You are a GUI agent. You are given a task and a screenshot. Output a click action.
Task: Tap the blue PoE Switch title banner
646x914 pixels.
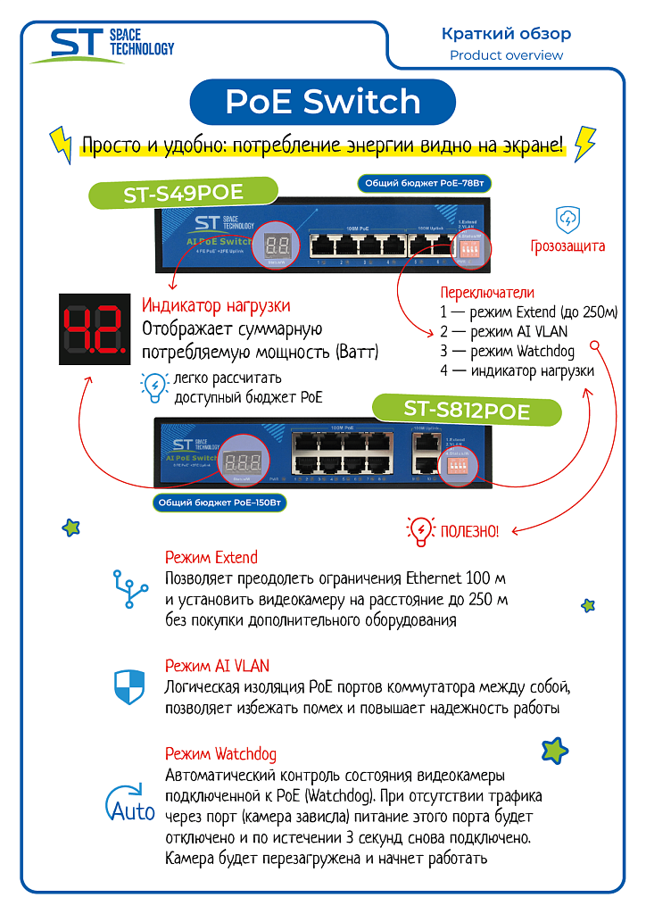pyautogui.click(x=322, y=101)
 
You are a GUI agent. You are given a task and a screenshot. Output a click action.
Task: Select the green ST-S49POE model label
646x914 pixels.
pyautogui.click(x=183, y=193)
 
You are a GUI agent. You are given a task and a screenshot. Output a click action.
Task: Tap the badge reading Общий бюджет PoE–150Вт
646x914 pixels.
pyautogui.click(x=221, y=503)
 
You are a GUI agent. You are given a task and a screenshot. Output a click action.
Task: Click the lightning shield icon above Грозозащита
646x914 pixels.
pyautogui.click(x=568, y=218)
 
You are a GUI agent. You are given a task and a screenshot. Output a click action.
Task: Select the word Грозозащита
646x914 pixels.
pyautogui.click(x=567, y=245)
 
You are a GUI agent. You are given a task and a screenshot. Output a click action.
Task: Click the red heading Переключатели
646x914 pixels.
pyautogui.click(x=487, y=292)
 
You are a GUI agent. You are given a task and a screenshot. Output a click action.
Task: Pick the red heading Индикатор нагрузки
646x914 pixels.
pyautogui.click(x=216, y=306)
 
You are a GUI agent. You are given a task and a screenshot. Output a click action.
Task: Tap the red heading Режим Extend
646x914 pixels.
pyautogui.click(x=211, y=558)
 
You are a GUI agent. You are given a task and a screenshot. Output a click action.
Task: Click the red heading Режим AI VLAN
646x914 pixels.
pyautogui.click(x=217, y=666)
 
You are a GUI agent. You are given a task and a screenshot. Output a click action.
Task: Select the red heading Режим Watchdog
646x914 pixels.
pyautogui.click(x=221, y=753)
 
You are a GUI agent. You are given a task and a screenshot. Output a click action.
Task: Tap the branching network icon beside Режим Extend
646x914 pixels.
pyautogui.click(x=130, y=588)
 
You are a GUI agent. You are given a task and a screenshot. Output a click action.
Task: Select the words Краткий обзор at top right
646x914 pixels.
pyautogui.click(x=506, y=34)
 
